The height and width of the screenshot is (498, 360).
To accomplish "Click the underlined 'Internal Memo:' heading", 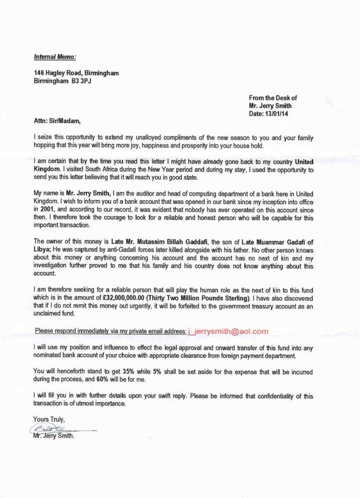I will tap(55, 57).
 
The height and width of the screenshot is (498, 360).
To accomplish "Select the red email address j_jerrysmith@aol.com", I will tap(228, 331).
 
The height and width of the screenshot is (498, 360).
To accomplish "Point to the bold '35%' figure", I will tap(143, 371).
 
